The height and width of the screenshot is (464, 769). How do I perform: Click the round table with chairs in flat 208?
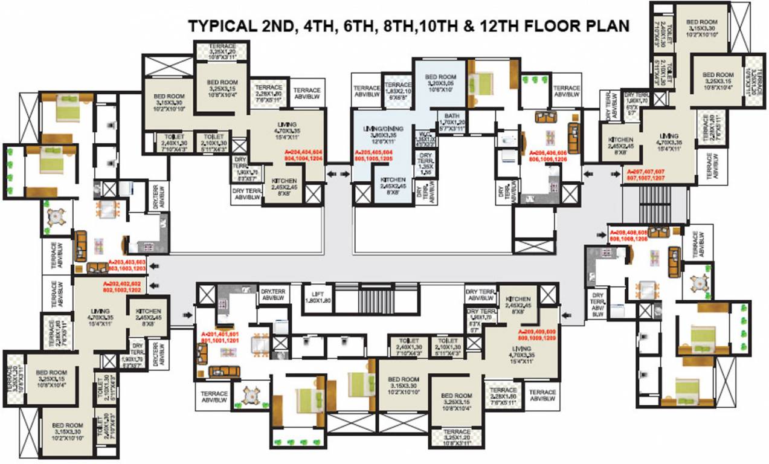[700, 283]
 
